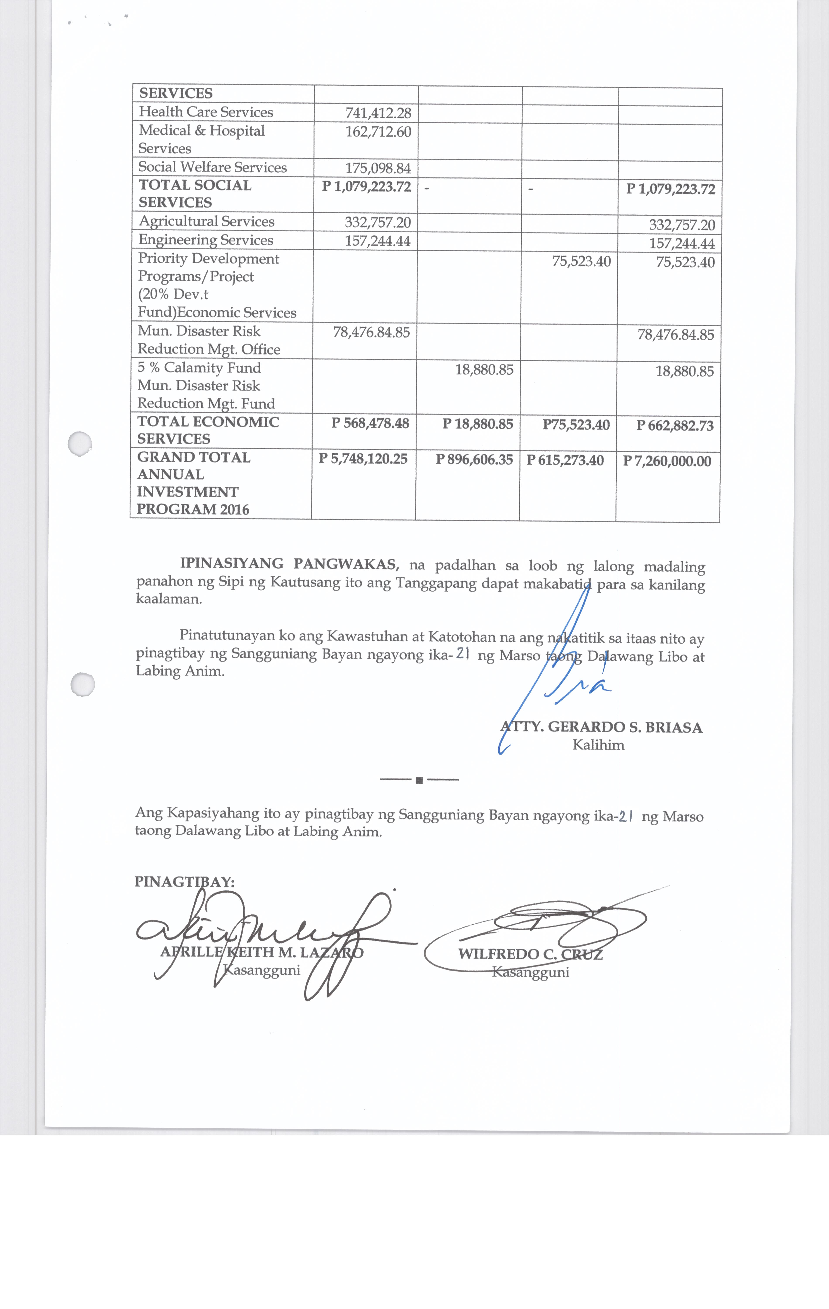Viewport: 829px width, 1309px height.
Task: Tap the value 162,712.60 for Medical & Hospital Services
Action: pyautogui.click(x=378, y=132)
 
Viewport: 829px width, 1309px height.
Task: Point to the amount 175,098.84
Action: pyautogui.click(x=378, y=168)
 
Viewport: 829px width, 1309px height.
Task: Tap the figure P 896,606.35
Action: pyautogui.click(x=474, y=460)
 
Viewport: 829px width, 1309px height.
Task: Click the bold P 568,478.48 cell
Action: pyautogui.click(x=370, y=423)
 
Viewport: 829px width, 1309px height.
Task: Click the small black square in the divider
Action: pyautogui.click(x=419, y=781)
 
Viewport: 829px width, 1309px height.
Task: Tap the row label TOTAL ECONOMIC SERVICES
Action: pyautogui.click(x=208, y=430)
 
